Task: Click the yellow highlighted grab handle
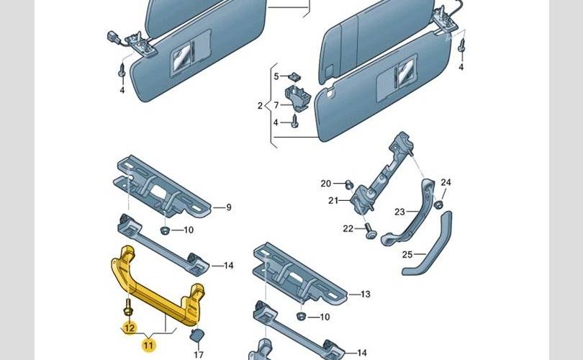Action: coord(155,288)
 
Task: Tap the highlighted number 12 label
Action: coord(129,328)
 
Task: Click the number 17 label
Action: coord(199,354)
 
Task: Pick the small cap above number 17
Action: coord(195,336)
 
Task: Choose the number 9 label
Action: coord(229,207)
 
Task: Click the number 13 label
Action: coord(365,294)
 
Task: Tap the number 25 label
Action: coord(407,255)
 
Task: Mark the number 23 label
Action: coord(399,211)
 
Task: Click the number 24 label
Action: coord(446,182)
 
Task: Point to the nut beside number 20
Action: coord(348,184)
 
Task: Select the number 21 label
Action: coord(333,201)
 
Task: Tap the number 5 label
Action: coord(275,76)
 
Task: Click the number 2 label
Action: coord(260,106)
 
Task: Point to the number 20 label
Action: coord(325,183)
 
